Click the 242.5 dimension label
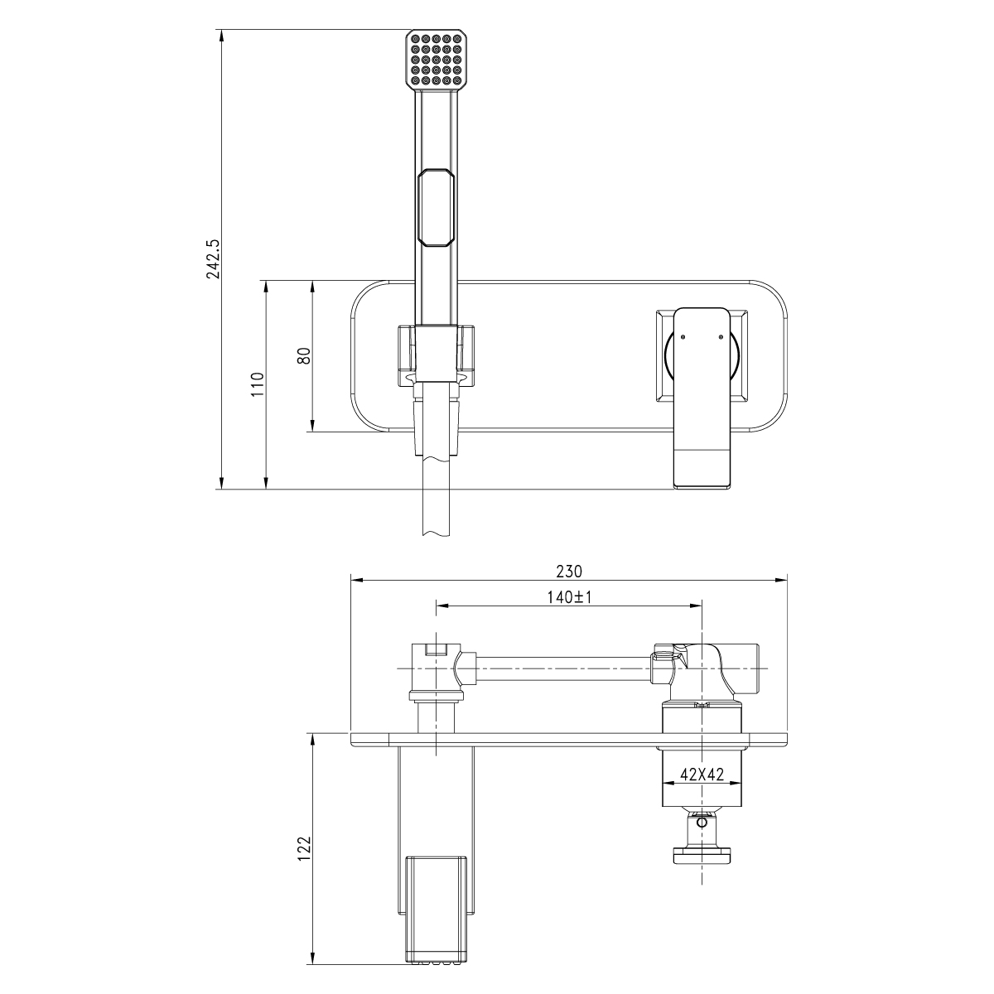pyautogui.click(x=214, y=258)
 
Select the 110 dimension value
pyautogui.click(x=258, y=384)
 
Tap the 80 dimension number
pyautogui.click(x=304, y=355)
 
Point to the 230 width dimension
pyautogui.click(x=570, y=572)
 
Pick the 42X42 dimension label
pyautogui.click(x=702, y=774)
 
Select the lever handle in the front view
pyautogui.click(x=703, y=389)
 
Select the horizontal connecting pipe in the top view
pyautogui.click(x=563, y=668)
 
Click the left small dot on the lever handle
pyautogui.click(x=682, y=336)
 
